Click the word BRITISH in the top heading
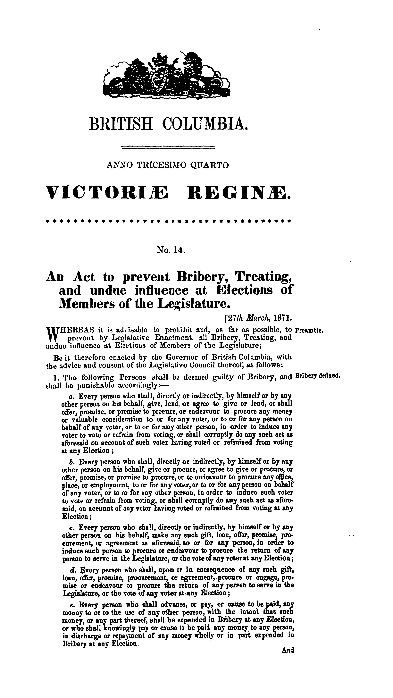[x=121, y=124]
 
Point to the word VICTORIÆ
[x=107, y=193]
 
